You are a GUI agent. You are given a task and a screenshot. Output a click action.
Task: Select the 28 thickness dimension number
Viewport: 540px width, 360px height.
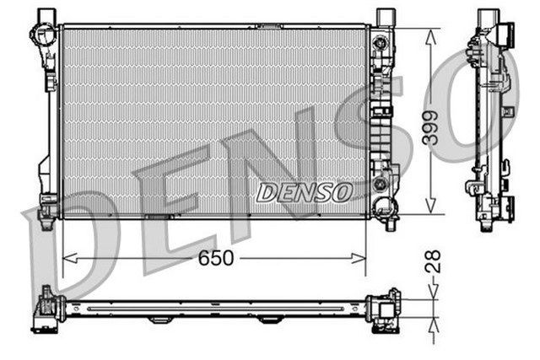pyautogui.click(x=434, y=261)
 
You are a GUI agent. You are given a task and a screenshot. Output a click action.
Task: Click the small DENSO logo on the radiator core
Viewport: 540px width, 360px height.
pyautogui.click(x=305, y=192)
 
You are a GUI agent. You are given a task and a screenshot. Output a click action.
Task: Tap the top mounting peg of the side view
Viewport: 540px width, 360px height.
pyautogui.click(x=488, y=16)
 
